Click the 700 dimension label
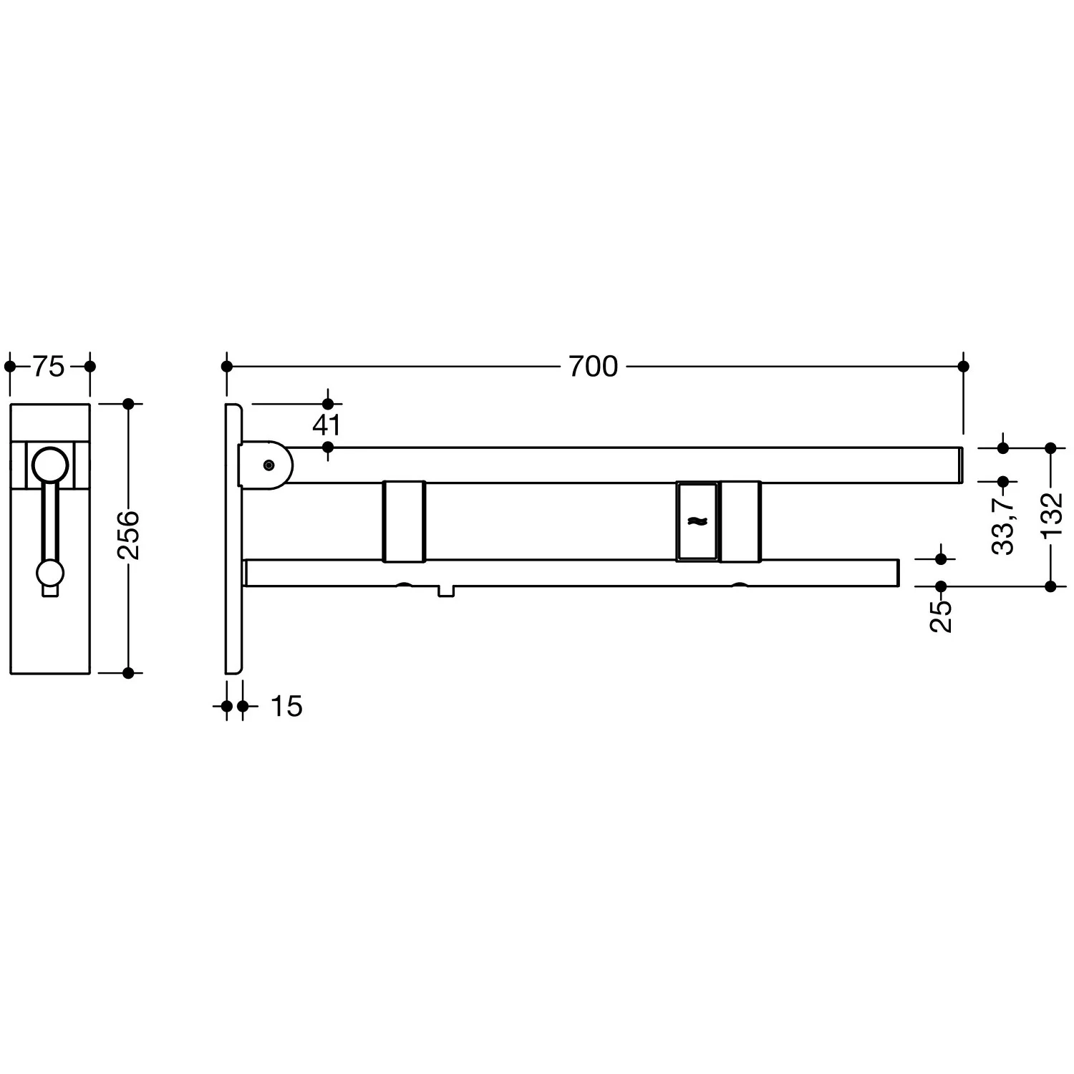point(593,367)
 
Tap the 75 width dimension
point(49,367)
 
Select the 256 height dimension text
point(129,535)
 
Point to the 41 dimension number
point(326,425)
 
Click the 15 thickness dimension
point(286,707)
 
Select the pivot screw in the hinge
point(268,465)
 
